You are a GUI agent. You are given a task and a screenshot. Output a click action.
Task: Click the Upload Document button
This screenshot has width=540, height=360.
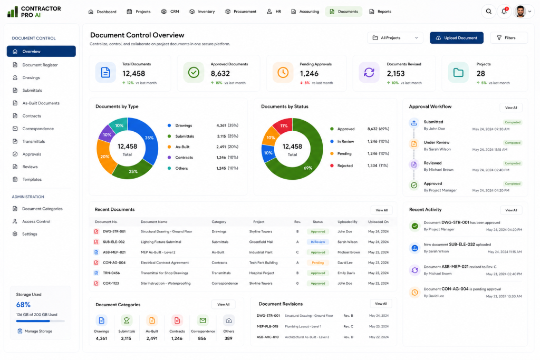[456, 38]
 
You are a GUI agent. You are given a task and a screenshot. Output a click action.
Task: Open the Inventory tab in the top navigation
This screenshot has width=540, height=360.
[202, 12]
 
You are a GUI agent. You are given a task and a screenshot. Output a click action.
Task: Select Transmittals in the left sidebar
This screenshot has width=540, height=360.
[33, 141]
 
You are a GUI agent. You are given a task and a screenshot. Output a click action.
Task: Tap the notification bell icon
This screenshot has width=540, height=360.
[504, 12]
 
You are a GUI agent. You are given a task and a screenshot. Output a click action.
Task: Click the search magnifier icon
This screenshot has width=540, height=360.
[488, 12]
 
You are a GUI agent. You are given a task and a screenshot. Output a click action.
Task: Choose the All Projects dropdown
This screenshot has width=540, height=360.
[395, 38]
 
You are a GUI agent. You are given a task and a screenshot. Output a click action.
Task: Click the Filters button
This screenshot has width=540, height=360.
[508, 38]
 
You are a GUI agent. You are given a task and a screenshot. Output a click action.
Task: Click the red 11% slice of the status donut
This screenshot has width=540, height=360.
[283, 125]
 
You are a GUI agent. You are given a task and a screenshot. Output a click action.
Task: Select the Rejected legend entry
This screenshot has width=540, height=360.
[345, 166]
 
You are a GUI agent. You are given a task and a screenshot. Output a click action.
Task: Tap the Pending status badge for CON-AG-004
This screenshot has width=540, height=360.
[317, 262]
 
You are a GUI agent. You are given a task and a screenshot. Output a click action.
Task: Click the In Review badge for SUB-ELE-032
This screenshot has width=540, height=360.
[317, 242]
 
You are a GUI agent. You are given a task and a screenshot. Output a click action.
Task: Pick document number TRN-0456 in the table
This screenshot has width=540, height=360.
[111, 273]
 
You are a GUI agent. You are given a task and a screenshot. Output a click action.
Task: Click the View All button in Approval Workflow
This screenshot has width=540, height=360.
[510, 108]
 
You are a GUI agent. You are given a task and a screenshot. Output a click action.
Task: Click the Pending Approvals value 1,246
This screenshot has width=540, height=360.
[309, 74]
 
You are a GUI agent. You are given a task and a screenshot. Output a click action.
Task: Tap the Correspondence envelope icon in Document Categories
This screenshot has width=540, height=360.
[202, 321]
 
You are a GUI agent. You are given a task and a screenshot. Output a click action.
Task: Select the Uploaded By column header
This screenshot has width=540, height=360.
[347, 222]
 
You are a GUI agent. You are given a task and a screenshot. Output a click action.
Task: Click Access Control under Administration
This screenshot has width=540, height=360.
[36, 222]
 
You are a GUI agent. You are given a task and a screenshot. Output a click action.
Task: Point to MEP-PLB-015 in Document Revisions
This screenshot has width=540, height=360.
[267, 327]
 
